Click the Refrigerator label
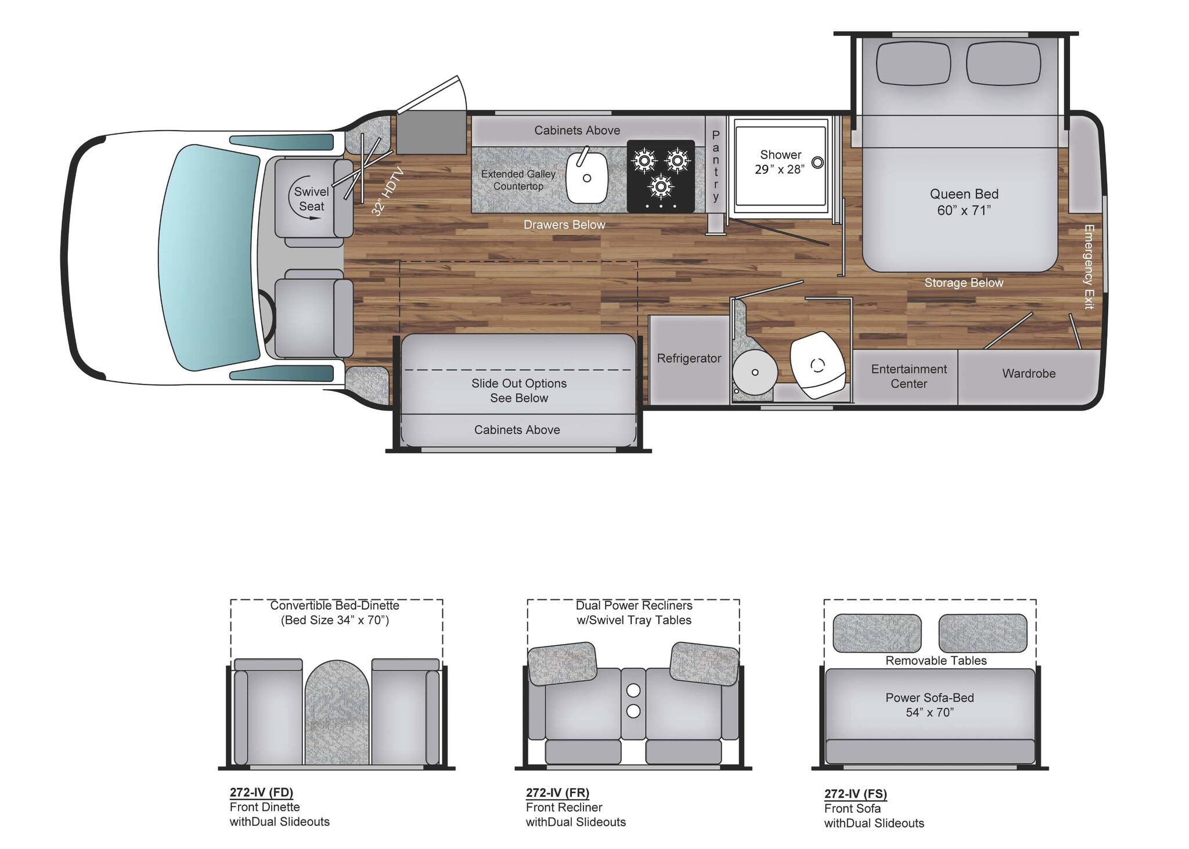point(689,358)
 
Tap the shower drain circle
point(817,163)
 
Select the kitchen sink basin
point(586,178)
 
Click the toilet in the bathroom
point(817,364)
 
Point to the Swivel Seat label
point(311,199)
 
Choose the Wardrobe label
point(1028,373)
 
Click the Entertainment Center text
point(909,376)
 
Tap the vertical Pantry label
point(716,166)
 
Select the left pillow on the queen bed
point(913,63)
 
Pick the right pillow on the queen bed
point(1003,63)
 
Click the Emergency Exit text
point(1089,267)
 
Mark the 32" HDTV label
point(387,191)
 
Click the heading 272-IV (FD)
point(261,792)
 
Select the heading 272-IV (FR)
point(557,792)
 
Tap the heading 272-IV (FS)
point(855,793)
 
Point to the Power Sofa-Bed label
point(929,705)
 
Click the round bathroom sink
point(755,372)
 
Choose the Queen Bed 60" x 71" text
point(964,202)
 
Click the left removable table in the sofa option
point(877,633)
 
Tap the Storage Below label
point(964,283)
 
